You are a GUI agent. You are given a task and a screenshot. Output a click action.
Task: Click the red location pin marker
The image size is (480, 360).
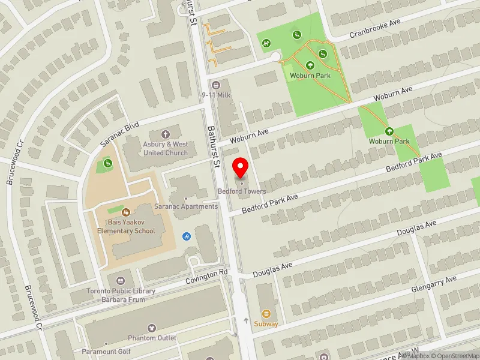coord(241,167)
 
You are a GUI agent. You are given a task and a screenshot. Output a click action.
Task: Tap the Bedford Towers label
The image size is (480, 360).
coord(242,191)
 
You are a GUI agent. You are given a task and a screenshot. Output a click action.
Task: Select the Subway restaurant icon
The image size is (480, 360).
coord(266,313)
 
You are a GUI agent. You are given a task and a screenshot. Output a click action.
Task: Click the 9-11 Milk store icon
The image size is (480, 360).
coord(215,85)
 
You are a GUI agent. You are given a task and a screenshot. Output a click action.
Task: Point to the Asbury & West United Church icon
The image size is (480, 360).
coord(166,134)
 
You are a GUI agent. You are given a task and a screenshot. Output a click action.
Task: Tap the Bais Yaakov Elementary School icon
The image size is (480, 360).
coord(126,212)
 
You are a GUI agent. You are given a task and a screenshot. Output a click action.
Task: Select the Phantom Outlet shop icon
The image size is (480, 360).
coord(152,328)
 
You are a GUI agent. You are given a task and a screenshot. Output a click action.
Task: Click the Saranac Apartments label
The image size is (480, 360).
coord(186,206)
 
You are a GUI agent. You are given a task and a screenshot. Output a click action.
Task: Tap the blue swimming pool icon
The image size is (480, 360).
coord(186,236)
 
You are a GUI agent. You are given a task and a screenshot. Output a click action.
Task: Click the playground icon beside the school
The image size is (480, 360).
coord(107,163)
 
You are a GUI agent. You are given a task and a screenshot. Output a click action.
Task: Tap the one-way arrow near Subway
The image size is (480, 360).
coord(246,322)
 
